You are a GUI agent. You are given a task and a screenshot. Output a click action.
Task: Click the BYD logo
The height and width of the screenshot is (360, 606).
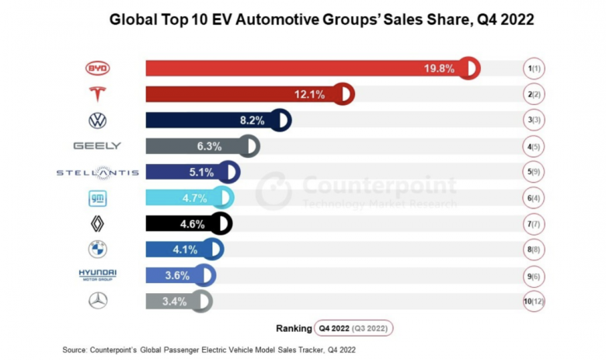tap(98, 68)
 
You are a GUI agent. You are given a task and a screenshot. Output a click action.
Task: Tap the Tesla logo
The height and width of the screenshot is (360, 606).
tap(98, 94)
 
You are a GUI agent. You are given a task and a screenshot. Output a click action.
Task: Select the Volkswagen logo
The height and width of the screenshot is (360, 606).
tap(98, 121)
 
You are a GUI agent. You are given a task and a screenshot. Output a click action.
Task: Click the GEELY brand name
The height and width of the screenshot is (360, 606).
tap(97, 146)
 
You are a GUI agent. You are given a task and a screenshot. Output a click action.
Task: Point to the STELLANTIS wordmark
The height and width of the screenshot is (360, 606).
tap(97, 172)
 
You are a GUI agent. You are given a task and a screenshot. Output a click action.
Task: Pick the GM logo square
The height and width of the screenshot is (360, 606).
tap(98, 198)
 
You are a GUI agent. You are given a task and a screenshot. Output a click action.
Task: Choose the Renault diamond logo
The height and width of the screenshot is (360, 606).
tap(98, 224)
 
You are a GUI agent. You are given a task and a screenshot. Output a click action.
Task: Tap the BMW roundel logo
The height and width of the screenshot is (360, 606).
tap(98, 250)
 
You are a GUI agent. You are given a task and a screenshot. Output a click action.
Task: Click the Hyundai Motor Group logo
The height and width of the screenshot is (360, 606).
tap(97, 275)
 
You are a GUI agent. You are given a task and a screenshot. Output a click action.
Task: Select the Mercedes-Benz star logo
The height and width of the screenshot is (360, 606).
tap(98, 301)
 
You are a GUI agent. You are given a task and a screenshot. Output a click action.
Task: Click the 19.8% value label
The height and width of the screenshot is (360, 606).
tap(439, 68)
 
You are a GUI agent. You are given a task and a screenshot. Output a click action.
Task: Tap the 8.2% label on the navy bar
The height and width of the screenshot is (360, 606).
tap(252, 121)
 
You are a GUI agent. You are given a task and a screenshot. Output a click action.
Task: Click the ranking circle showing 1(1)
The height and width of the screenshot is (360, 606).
tap(534, 68)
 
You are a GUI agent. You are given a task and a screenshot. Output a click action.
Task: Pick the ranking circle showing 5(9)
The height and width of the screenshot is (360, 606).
tap(534, 172)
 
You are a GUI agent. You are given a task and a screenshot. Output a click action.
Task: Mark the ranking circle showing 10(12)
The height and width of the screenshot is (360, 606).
tap(534, 301)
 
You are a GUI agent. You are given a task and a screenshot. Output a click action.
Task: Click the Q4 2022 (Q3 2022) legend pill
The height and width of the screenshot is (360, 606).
tap(353, 327)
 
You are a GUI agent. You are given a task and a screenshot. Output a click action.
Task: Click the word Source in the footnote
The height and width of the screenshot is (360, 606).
tap(76, 350)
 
